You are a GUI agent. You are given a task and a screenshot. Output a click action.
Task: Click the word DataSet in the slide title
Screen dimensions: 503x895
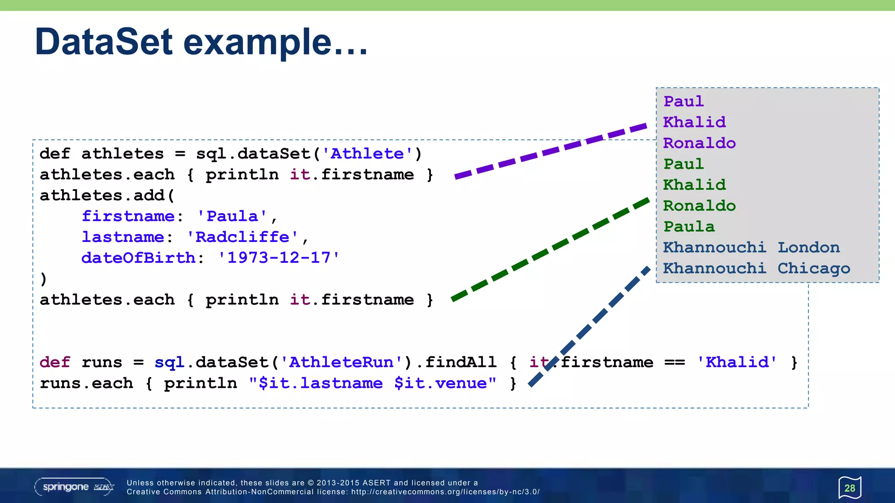[104, 42]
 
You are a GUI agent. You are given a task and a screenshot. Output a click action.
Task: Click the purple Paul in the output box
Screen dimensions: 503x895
[683, 101]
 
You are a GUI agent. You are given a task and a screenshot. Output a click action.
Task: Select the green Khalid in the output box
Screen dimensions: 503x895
[694, 185]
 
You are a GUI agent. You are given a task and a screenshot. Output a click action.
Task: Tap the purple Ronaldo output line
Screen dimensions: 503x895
[699, 143]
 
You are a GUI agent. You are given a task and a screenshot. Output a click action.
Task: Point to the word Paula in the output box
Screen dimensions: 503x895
[689, 227]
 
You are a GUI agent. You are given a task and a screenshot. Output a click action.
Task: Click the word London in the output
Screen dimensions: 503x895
[808, 248]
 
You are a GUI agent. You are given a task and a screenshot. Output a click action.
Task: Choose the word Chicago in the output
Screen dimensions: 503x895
[814, 269]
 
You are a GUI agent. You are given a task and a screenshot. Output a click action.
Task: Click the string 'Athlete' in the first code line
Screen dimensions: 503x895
[367, 154]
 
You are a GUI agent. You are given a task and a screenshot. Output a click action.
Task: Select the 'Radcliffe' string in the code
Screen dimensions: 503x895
[242, 237]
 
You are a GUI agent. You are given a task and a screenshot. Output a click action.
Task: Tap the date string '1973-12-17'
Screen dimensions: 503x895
[279, 258]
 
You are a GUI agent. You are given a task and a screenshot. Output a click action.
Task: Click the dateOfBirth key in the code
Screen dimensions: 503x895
[138, 258]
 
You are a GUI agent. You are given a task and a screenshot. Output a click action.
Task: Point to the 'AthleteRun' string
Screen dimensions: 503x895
[341, 362]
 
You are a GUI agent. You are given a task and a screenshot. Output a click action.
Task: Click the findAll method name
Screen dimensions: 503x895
[461, 362]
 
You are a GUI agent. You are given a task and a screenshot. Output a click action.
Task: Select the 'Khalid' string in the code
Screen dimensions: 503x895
[737, 362]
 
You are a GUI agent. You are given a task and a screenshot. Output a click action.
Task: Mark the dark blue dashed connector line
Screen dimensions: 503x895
[590, 325]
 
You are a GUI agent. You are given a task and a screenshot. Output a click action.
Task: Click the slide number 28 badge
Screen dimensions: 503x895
[850, 488]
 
